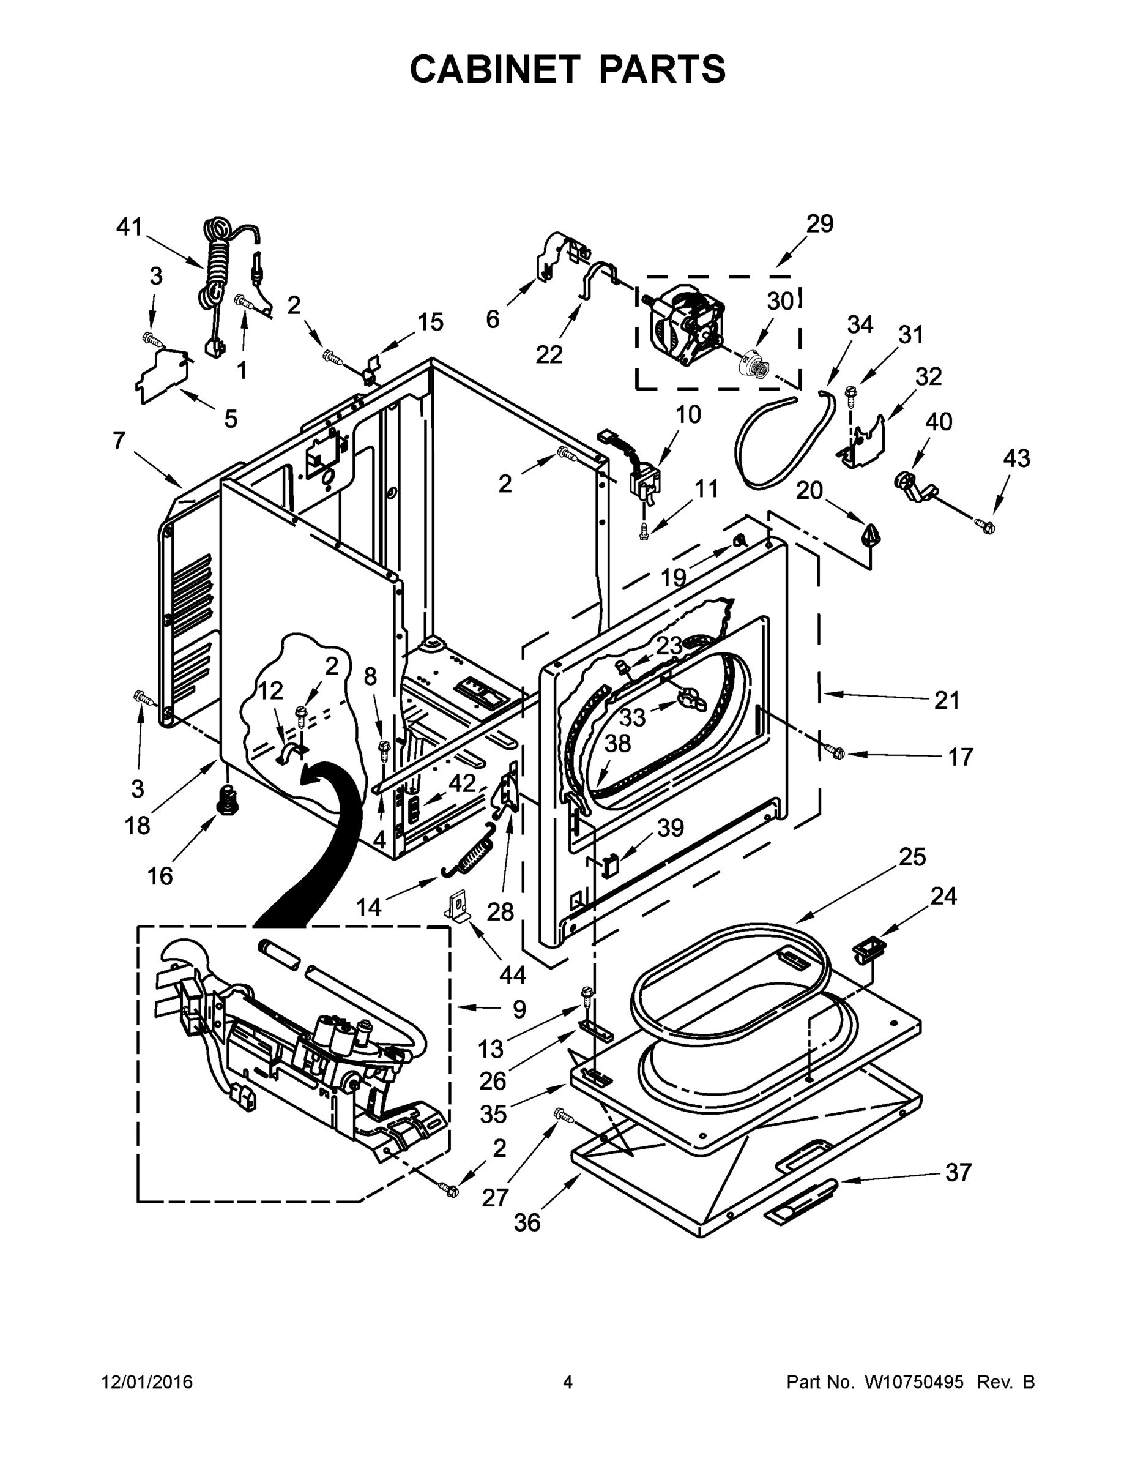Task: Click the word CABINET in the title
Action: tap(494, 69)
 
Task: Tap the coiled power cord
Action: tap(217, 269)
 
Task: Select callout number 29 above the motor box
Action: tap(820, 223)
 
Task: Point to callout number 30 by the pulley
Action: tap(780, 301)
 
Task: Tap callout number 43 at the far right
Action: tap(1016, 458)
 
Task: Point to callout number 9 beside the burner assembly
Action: tap(519, 1008)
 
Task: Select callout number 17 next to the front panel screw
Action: tap(960, 757)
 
